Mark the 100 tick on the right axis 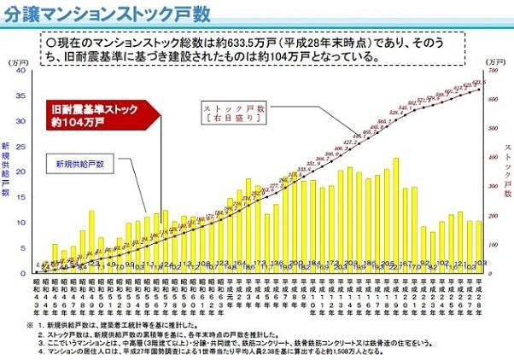(494, 244)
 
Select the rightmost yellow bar (479, 247)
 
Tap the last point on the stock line (479, 89)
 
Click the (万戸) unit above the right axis (494, 62)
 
